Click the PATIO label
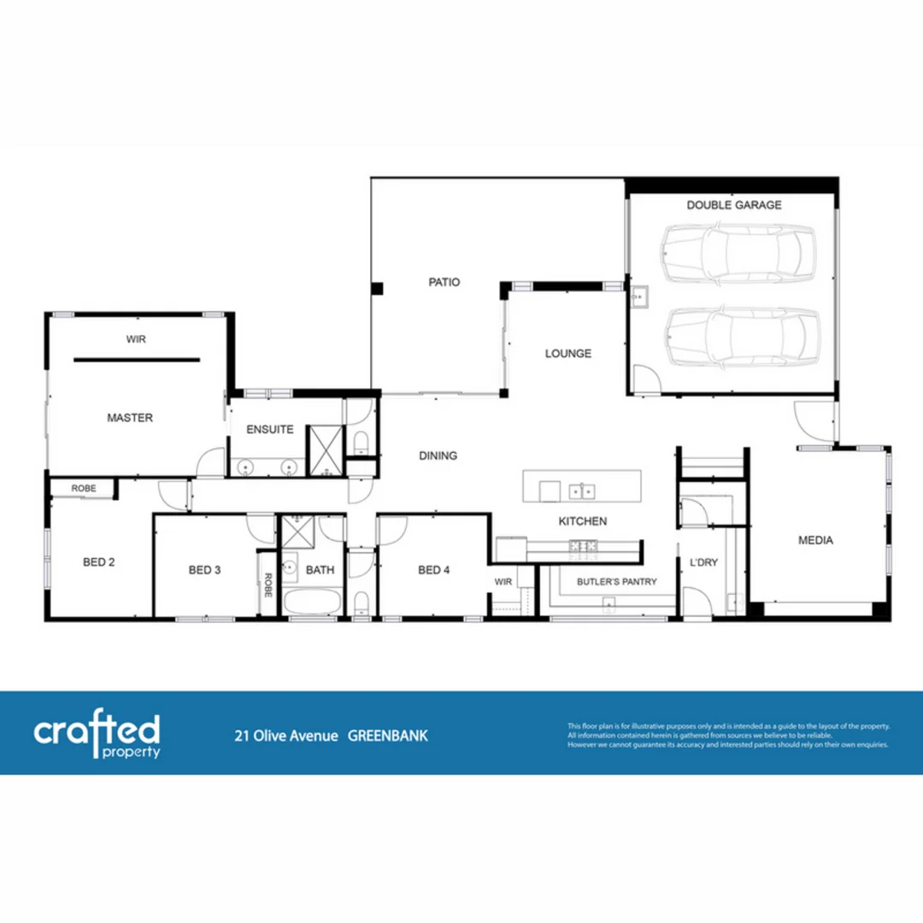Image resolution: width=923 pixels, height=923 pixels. (x=444, y=282)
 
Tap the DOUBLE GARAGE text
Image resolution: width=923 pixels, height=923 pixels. (x=733, y=205)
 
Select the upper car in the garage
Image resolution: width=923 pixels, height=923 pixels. (x=739, y=254)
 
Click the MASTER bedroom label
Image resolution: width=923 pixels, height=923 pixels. (x=130, y=418)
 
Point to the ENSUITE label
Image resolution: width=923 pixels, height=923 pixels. (x=270, y=430)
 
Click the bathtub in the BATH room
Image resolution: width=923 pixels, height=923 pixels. (x=312, y=602)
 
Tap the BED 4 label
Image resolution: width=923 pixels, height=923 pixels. (x=433, y=570)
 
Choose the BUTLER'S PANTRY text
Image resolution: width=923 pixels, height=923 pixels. (x=616, y=582)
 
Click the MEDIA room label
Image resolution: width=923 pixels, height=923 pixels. (x=815, y=540)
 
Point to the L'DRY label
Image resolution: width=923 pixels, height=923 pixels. (x=703, y=563)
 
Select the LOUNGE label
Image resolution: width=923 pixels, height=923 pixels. (x=568, y=353)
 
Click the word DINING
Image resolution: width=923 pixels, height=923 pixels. (x=438, y=456)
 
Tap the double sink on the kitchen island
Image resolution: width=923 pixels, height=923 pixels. (x=582, y=491)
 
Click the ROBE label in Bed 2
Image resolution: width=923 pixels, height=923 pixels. (x=84, y=489)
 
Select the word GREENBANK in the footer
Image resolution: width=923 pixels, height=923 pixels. (x=388, y=736)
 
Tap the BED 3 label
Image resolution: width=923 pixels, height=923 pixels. (x=205, y=570)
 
